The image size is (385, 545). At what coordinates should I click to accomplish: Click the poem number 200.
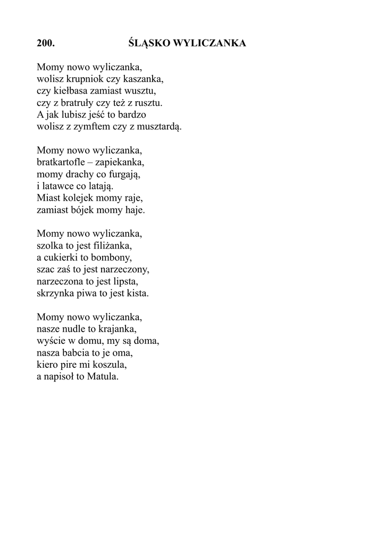tap(46, 44)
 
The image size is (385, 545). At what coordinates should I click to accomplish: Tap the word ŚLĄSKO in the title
tap(149, 44)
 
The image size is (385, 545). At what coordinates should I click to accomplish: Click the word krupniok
tap(85, 79)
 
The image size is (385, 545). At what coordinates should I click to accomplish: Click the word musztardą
tap(161, 127)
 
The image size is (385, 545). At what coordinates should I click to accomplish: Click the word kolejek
tap(76, 197)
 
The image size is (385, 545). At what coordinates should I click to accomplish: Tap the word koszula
tap(112, 365)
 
